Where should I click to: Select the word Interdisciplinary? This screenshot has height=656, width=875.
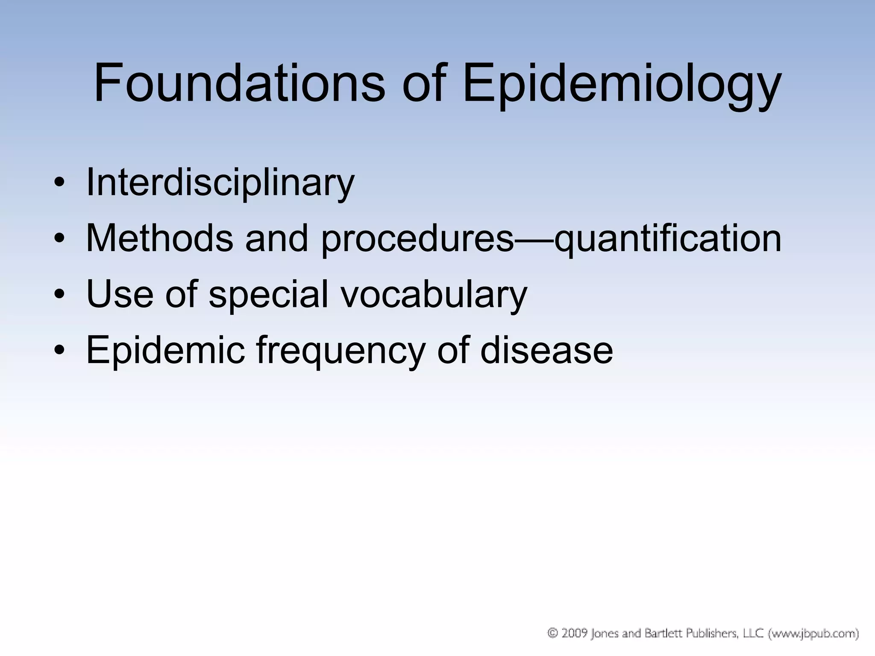[220, 183]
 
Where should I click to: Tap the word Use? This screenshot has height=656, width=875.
[120, 294]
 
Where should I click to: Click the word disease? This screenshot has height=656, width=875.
[546, 351]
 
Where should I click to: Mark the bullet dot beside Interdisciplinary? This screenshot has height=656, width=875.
[59, 184]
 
